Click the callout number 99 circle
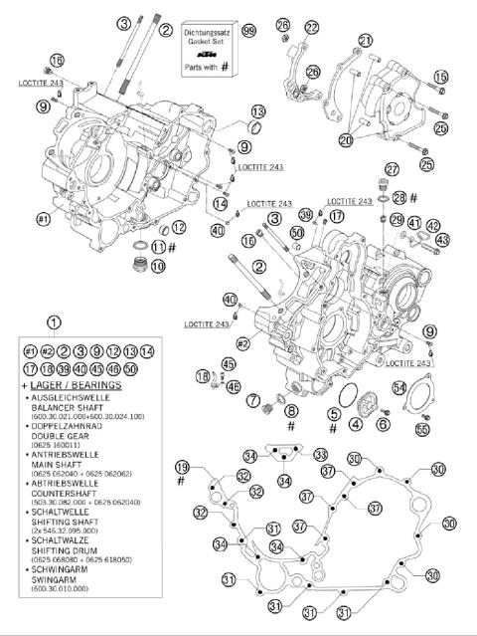point(248,32)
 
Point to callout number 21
point(366,40)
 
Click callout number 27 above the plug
point(392,168)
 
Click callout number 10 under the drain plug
point(157,266)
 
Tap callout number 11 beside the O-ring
point(158,247)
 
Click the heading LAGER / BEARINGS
point(70,383)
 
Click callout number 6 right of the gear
point(382,424)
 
